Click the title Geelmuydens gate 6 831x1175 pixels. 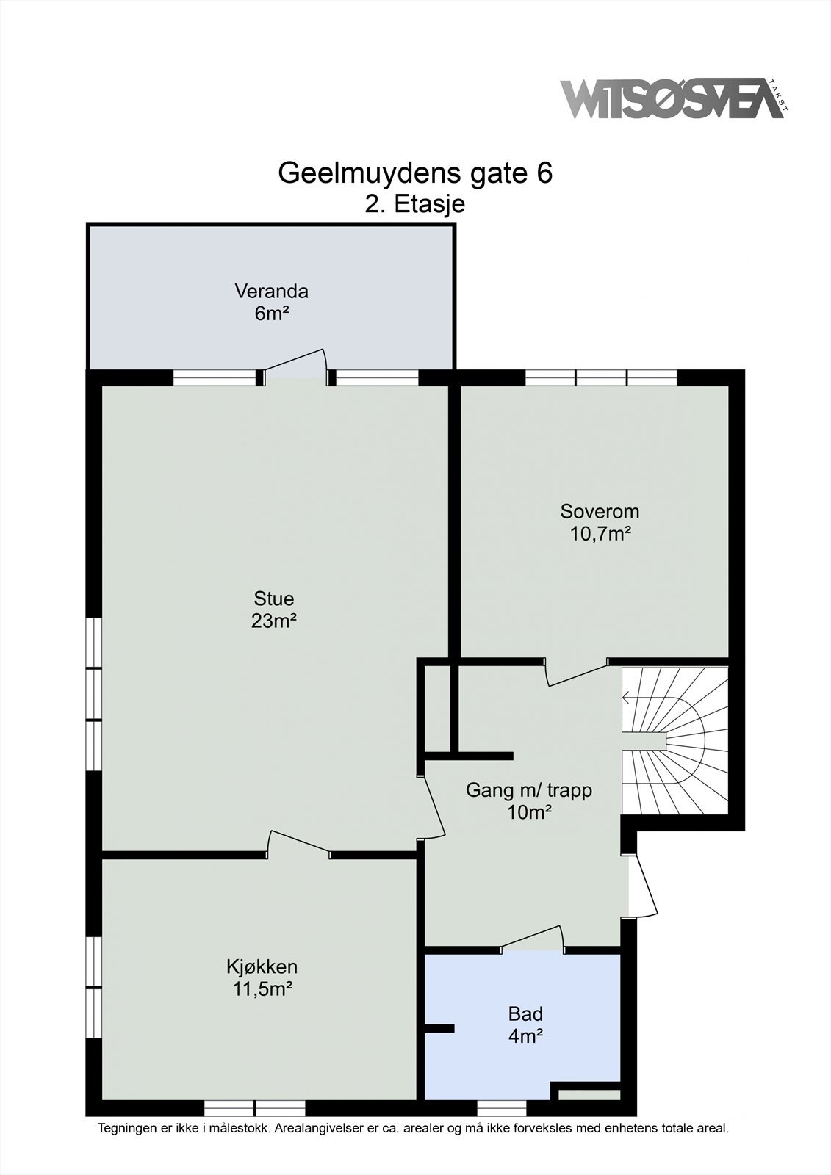[x=415, y=173]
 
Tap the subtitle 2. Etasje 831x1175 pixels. [x=415, y=204]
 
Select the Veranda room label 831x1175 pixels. [x=271, y=291]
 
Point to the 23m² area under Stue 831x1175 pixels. [x=274, y=621]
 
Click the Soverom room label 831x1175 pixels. [x=600, y=511]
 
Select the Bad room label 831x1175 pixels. [x=525, y=1013]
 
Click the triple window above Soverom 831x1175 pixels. [x=601, y=377]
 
